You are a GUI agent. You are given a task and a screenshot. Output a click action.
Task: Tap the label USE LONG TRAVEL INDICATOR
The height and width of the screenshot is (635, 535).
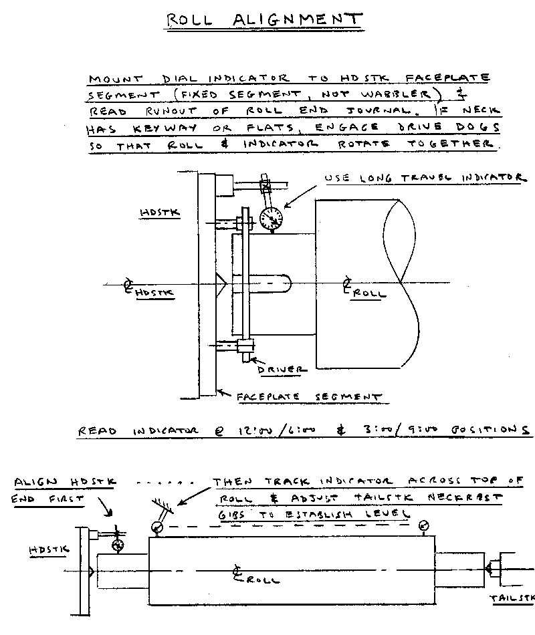pos(423,178)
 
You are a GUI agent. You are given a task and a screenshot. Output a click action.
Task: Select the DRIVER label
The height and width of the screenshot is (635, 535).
pos(282,368)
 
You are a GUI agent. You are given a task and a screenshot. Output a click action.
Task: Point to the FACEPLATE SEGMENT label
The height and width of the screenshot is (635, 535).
pos(309,396)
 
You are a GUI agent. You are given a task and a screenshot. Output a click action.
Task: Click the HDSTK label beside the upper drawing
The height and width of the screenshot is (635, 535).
pos(156,213)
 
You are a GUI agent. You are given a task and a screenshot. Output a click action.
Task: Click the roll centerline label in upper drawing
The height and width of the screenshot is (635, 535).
pos(361,289)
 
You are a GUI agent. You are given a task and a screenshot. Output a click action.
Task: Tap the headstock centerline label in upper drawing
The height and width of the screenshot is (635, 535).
pos(149,290)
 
